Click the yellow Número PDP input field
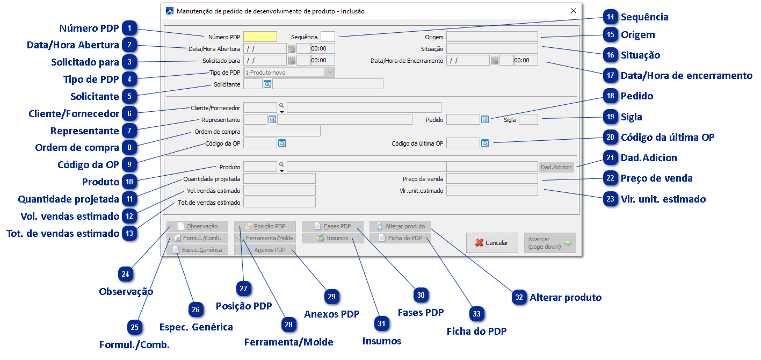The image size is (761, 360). (x=260, y=37)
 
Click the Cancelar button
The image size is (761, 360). (x=491, y=243)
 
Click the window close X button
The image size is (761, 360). (x=574, y=11)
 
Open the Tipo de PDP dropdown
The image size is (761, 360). (x=330, y=72)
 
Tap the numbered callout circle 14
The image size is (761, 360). (x=610, y=17)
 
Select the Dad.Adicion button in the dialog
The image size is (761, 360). (x=556, y=167)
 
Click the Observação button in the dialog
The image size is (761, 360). (x=197, y=226)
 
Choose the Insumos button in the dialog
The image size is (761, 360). (x=332, y=238)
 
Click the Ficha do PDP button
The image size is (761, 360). (x=401, y=238)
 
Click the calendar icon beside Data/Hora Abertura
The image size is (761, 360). (x=292, y=48)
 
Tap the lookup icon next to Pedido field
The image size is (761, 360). (x=485, y=119)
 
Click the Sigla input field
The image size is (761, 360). (x=528, y=119)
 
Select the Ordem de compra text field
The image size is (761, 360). (x=282, y=131)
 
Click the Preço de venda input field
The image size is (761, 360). (x=492, y=178)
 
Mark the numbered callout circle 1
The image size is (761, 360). (x=129, y=28)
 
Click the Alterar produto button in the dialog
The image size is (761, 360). (x=401, y=226)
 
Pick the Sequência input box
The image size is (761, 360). (x=328, y=37)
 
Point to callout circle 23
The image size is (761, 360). (x=610, y=199)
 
